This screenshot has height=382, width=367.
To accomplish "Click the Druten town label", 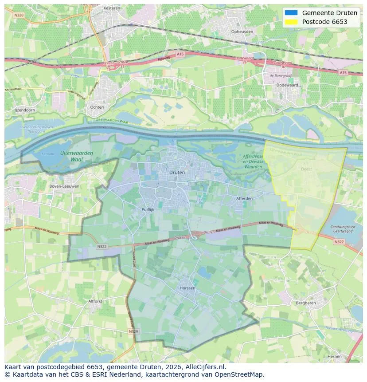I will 177,172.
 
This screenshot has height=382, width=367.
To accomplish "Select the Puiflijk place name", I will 148,209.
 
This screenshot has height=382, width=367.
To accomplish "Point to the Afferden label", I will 244,198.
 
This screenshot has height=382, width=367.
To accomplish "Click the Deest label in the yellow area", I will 306,169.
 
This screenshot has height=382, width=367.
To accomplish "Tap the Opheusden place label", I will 242,32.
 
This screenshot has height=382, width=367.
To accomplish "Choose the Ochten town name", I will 97,107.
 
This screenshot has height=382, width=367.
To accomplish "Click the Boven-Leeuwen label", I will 64,186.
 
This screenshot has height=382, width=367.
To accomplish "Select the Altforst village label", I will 95,301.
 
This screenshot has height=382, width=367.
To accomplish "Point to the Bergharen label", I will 305,303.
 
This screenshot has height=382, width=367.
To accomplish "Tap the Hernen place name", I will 335,356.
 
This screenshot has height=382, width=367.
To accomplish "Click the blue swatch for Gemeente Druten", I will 291,13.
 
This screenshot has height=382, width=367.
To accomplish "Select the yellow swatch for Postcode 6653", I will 291,22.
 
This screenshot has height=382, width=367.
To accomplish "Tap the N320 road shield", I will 19,15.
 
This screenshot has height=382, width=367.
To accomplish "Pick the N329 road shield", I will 133,331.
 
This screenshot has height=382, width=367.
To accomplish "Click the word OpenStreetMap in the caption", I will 242,374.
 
